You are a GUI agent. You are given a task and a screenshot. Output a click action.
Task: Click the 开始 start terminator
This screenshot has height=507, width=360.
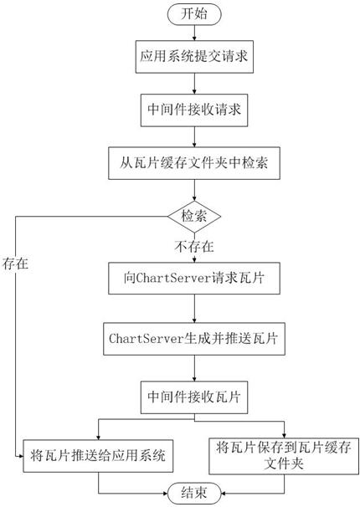click(x=194, y=14)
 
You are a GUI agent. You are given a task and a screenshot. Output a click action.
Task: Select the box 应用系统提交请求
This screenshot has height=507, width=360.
click(x=194, y=57)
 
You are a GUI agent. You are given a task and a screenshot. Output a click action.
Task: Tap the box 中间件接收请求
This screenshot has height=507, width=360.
click(x=194, y=110)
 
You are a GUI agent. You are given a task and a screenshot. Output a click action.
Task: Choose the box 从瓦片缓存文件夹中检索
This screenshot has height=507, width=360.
click(x=194, y=163)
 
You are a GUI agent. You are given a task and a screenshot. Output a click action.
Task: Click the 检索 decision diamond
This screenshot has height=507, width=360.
click(x=194, y=217)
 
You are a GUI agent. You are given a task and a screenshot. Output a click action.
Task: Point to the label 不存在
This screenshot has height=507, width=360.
click(x=194, y=247)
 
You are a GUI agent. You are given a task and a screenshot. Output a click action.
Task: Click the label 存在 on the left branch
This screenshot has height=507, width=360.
click(x=16, y=264)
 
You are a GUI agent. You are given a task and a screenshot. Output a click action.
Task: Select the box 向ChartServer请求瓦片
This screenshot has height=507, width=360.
click(x=194, y=278)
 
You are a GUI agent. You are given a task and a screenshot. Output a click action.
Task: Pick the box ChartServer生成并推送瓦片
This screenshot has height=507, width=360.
click(x=194, y=339)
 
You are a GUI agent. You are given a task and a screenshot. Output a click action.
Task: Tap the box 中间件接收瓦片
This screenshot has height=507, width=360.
click(x=194, y=397)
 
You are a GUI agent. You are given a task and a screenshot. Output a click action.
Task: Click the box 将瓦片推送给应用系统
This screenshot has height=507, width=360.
click(x=98, y=456)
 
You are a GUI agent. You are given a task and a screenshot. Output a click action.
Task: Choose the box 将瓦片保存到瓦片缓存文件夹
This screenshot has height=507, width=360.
click(x=284, y=456)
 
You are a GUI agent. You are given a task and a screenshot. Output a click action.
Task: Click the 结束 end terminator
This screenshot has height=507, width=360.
click(x=194, y=493)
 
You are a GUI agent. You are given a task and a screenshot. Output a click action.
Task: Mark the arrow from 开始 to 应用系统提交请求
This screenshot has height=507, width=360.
click(x=194, y=33)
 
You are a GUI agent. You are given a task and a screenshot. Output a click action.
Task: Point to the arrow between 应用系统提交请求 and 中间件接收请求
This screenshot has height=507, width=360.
click(x=194, y=84)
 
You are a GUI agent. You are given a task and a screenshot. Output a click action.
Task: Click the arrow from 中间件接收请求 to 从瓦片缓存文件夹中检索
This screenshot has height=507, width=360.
click(x=194, y=136)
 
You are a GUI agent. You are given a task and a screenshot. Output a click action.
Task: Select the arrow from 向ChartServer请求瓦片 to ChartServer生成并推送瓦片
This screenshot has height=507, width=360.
click(x=194, y=309)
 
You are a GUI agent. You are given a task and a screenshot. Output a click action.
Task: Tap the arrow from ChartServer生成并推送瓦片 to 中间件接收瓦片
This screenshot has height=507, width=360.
click(x=194, y=368)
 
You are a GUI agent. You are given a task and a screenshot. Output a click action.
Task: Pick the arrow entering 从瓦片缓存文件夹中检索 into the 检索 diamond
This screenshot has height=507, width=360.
click(x=194, y=190)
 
